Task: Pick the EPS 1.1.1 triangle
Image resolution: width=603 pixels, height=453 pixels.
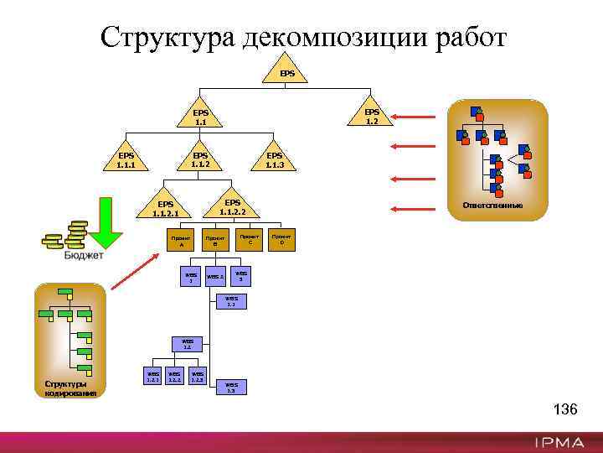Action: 126,159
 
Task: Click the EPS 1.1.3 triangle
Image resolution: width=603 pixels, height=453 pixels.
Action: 275,159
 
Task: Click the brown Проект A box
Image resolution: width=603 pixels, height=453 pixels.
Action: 181,240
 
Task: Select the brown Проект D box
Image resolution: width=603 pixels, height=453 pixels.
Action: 281,240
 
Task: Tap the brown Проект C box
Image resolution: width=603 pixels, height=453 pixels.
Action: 248,240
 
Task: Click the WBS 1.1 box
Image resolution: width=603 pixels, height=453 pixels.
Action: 231,301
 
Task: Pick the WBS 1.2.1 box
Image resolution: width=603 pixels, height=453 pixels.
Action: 152,377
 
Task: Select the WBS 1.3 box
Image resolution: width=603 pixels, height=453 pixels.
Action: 231,387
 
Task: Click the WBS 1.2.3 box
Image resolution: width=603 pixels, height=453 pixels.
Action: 198,377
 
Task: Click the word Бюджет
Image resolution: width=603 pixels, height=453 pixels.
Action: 84,256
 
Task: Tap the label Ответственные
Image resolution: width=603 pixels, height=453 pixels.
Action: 498,206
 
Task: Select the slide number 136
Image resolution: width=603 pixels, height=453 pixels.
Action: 565,409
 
